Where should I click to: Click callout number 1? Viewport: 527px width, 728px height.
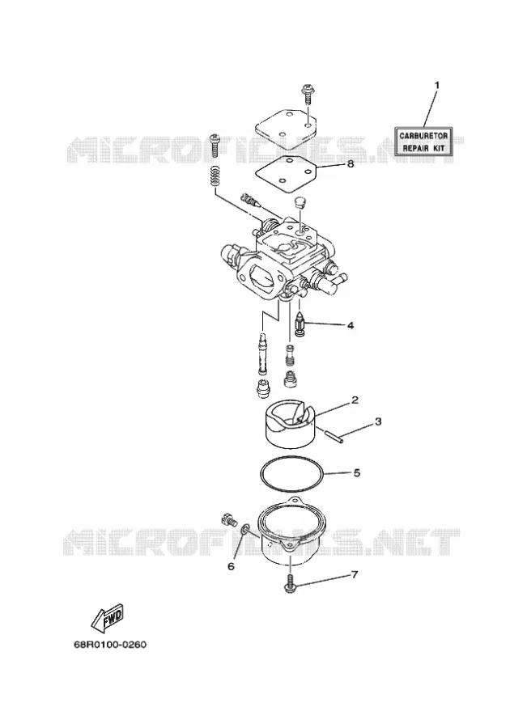tap(436, 86)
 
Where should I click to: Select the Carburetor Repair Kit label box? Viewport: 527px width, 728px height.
tap(424, 142)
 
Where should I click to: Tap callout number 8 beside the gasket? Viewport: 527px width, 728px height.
tap(350, 163)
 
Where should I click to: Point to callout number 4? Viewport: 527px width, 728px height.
tap(350, 325)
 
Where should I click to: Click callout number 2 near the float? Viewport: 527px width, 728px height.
tap(355, 400)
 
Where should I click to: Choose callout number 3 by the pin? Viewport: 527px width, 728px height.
tap(378, 421)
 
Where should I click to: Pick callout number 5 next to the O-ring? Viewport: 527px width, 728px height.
tap(357, 473)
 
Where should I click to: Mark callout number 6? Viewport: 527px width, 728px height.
tap(231, 566)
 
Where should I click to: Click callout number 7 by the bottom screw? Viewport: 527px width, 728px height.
tap(355, 575)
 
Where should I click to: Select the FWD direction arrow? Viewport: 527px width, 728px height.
tap(108, 618)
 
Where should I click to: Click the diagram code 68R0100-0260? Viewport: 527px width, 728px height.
tap(109, 645)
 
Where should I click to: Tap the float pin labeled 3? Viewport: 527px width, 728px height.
tap(334, 438)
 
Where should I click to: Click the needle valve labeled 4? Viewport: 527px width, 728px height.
tap(300, 323)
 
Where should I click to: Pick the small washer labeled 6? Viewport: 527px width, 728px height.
tap(245, 528)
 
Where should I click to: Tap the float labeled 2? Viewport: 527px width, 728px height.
tap(287, 423)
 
